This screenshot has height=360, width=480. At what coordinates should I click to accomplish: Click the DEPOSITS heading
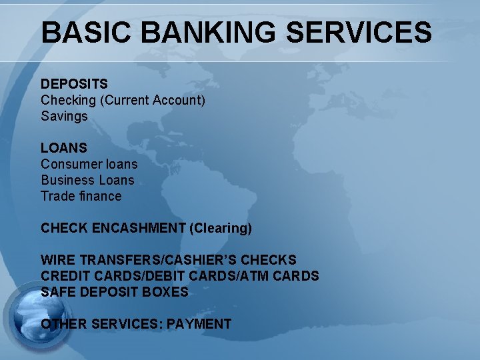74,84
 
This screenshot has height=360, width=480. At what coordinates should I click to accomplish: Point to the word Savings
64,116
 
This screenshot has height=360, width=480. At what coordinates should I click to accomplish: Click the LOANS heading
63,148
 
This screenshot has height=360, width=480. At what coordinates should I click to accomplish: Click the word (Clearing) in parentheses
221,228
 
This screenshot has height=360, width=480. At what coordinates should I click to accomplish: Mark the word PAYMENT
199,324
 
